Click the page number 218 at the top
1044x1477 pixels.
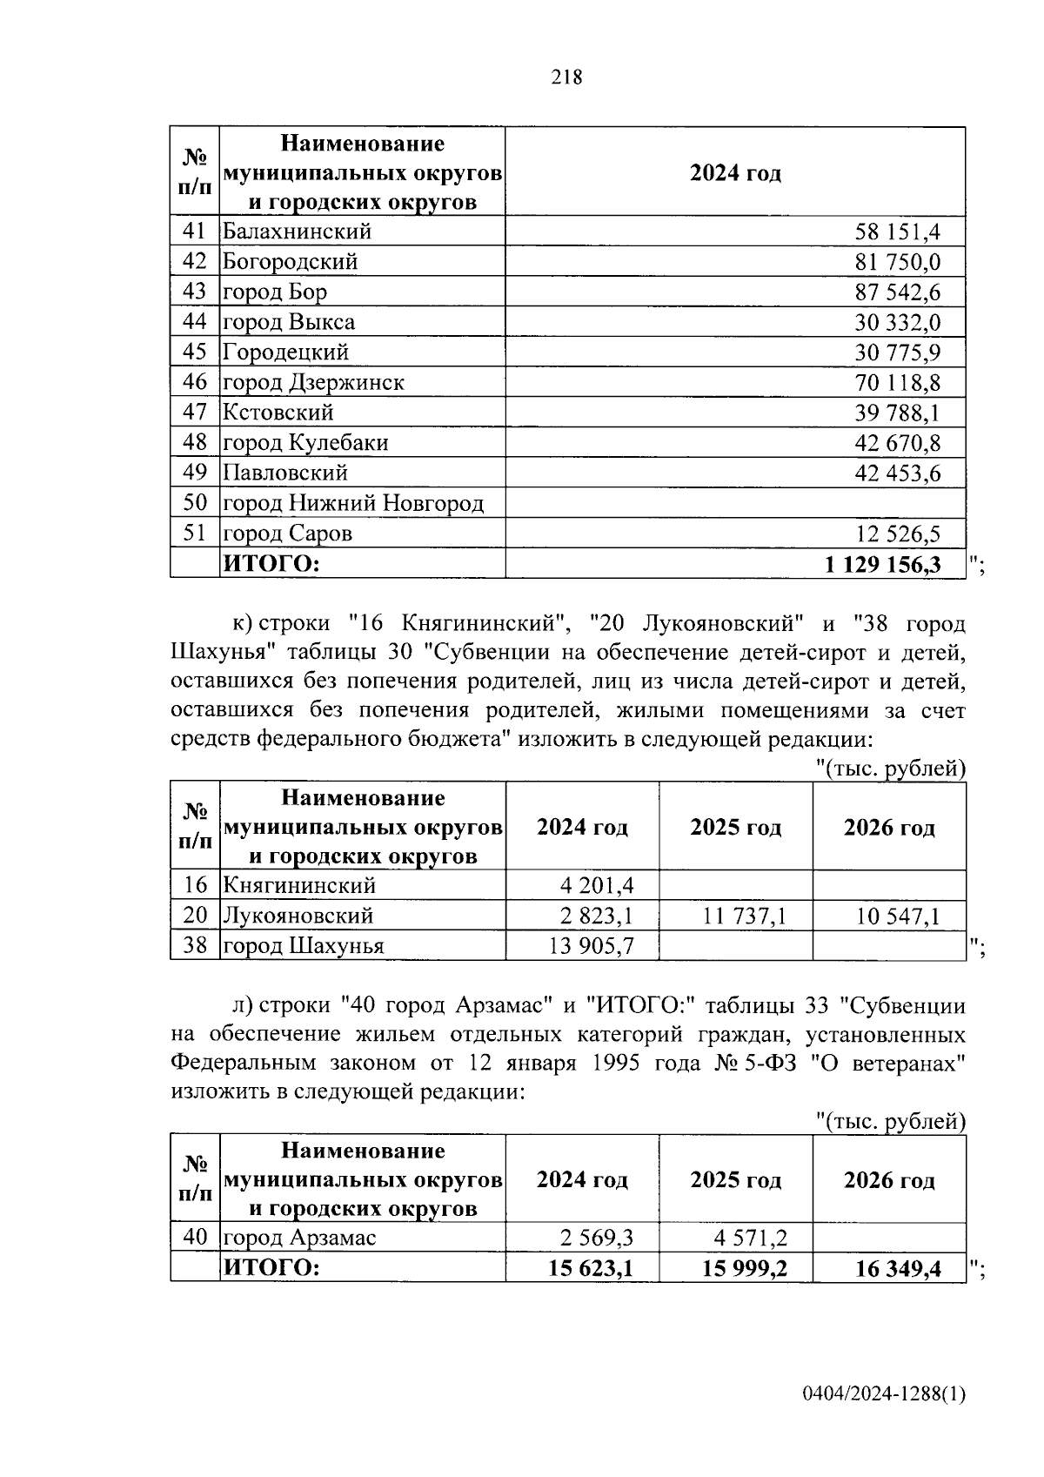566,77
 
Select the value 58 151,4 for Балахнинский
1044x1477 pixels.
897,232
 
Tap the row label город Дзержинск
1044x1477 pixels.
314,382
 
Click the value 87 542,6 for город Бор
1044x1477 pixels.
897,292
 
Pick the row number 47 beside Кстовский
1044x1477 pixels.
195,413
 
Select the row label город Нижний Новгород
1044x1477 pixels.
353,503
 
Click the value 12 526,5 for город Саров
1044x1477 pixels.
897,534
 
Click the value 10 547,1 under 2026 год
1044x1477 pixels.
897,916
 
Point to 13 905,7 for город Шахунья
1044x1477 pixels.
591,946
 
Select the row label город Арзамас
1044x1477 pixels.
300,1238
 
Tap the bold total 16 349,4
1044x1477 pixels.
898,1269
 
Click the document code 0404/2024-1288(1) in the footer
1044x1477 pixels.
884,1394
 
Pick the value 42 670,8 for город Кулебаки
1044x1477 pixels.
897,443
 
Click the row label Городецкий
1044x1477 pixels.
286,352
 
